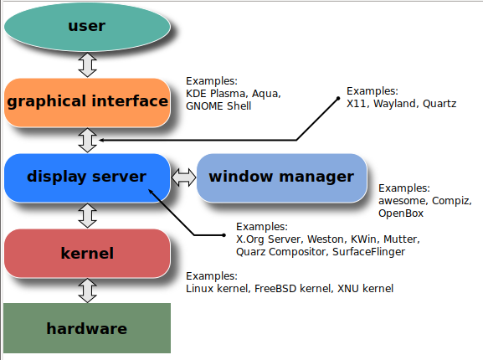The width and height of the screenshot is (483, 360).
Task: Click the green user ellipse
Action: click(87, 27)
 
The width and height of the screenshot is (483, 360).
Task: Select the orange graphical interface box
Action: click(87, 102)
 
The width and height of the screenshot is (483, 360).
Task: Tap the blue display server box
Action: click(87, 177)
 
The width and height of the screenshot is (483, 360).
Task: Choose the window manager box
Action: click(281, 177)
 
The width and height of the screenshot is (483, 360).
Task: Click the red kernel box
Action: click(87, 253)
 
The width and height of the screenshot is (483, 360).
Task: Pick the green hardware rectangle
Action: click(87, 328)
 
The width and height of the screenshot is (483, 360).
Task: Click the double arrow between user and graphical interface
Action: click(87, 64)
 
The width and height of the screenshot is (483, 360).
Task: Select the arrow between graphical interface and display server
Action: click(87, 140)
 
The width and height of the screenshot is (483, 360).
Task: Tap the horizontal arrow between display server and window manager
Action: click(183, 177)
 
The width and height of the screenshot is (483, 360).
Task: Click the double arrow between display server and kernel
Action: click(87, 215)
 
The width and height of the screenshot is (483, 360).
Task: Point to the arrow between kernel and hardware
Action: click(87, 291)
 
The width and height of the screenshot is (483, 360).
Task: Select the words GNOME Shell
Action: click(218, 106)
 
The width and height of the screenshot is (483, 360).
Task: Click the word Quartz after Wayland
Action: click(439, 103)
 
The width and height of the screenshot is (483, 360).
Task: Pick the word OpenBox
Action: click(401, 213)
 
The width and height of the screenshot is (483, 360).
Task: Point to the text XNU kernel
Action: click(365, 288)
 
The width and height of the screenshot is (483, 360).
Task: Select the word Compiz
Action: click(452, 201)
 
